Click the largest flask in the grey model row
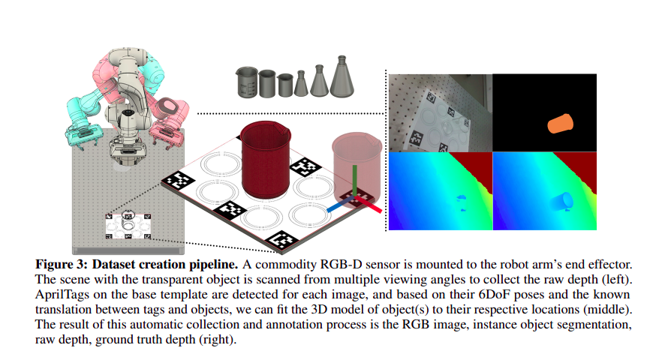tap(340, 77)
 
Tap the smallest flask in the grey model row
tap(300, 84)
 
